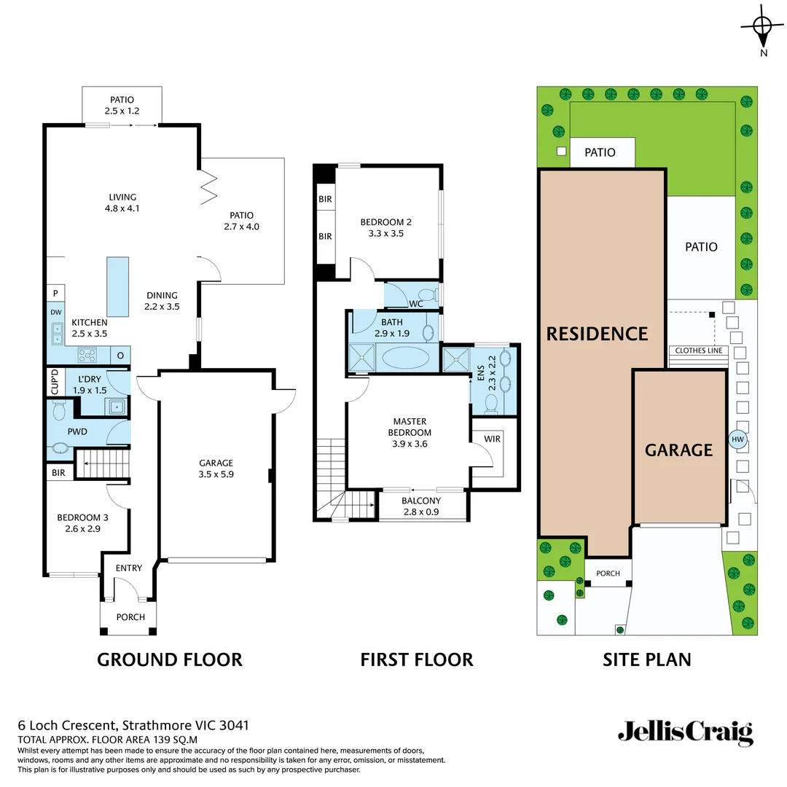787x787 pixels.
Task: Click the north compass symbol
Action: (763, 28)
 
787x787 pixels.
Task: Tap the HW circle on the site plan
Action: (737, 439)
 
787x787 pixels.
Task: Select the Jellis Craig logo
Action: (685, 732)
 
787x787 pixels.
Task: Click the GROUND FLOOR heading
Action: (169, 659)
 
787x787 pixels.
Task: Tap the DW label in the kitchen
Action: (56, 312)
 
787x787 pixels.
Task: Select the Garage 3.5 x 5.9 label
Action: (216, 469)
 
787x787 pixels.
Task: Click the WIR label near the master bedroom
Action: (493, 439)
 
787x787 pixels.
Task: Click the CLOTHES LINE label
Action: (699, 351)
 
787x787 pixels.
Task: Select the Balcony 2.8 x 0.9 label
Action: (421, 506)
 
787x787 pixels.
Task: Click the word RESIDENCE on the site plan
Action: (597, 334)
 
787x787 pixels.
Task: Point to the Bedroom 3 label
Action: (79, 523)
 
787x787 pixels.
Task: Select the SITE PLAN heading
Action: (647, 659)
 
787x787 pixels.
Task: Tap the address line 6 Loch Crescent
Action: (133, 725)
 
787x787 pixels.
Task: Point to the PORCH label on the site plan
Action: (608, 573)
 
